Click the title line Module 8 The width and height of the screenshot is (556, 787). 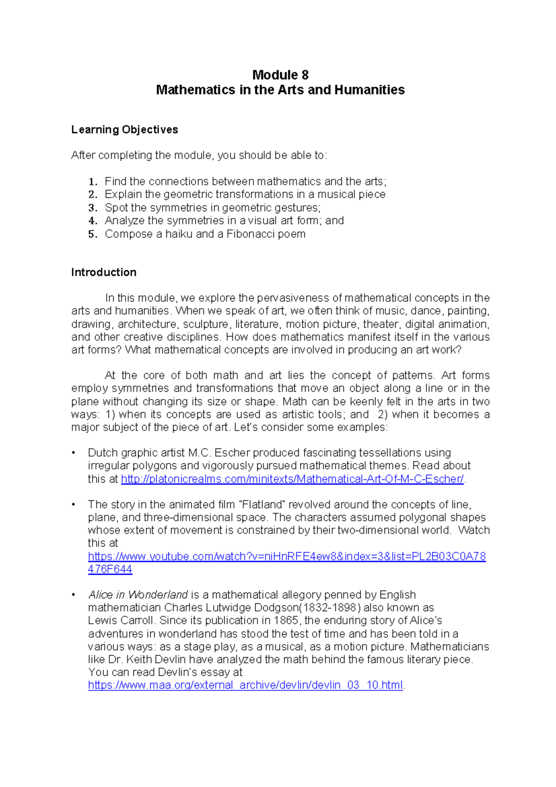280,75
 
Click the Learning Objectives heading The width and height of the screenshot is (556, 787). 124,130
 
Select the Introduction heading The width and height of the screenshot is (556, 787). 104,273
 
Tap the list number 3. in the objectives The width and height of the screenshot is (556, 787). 93,208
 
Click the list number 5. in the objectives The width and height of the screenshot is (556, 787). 93,234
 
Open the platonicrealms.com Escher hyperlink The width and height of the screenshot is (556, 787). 292,479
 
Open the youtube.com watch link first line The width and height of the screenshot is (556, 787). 286,557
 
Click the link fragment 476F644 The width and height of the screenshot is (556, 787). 110,570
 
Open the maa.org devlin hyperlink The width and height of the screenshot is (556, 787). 246,685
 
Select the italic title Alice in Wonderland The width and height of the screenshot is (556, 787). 138,595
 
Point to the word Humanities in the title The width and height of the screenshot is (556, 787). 369,90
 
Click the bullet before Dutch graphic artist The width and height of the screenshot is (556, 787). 73,453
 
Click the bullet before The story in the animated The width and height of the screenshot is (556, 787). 73,505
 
